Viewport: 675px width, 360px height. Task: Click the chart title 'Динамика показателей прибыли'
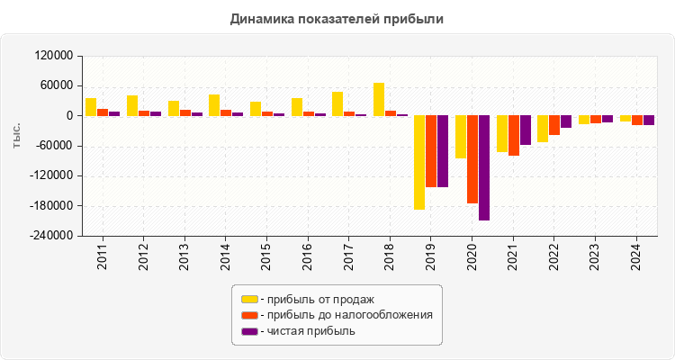click(x=337, y=18)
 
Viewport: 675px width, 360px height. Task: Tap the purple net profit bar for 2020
click(x=484, y=167)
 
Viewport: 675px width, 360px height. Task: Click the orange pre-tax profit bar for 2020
click(x=472, y=159)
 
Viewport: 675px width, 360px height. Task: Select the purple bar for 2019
click(x=443, y=151)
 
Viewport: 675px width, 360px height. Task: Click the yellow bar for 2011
click(x=91, y=107)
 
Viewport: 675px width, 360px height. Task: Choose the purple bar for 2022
click(x=566, y=121)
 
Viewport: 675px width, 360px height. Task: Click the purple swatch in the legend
click(x=249, y=331)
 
